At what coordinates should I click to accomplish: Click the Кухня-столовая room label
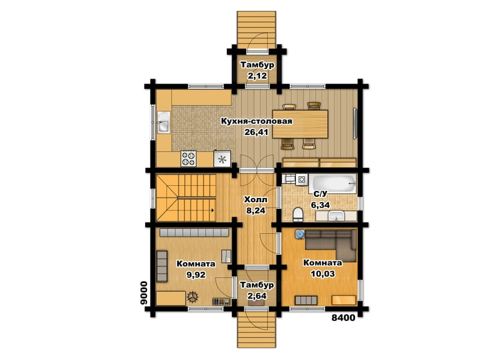257,121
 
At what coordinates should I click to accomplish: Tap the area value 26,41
256,132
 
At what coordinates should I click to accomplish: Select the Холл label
256,200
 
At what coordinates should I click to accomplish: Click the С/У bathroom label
320,194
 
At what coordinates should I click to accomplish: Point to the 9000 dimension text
143,293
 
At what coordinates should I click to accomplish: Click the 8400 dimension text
343,318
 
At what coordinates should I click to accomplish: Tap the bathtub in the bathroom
332,184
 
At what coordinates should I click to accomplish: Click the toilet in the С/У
298,214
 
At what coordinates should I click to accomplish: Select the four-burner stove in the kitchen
188,158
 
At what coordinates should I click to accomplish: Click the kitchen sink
163,122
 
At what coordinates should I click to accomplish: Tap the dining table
300,124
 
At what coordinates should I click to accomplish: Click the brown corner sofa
331,245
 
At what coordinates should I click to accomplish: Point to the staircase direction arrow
212,211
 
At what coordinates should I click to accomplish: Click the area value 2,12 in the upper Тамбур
257,76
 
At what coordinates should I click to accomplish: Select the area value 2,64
257,296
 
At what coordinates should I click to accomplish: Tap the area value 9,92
196,275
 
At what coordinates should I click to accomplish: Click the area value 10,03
323,274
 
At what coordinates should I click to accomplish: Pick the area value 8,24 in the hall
256,211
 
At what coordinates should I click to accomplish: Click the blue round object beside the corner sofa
300,235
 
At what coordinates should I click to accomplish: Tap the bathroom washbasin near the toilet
337,216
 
